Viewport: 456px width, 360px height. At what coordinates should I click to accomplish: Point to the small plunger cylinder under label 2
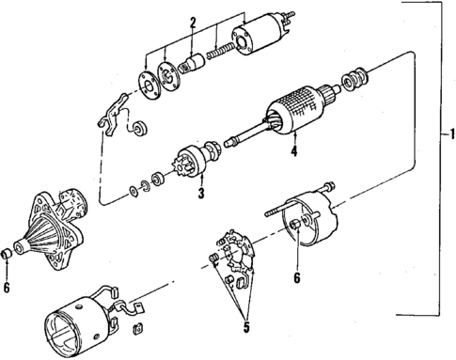click(193, 67)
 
